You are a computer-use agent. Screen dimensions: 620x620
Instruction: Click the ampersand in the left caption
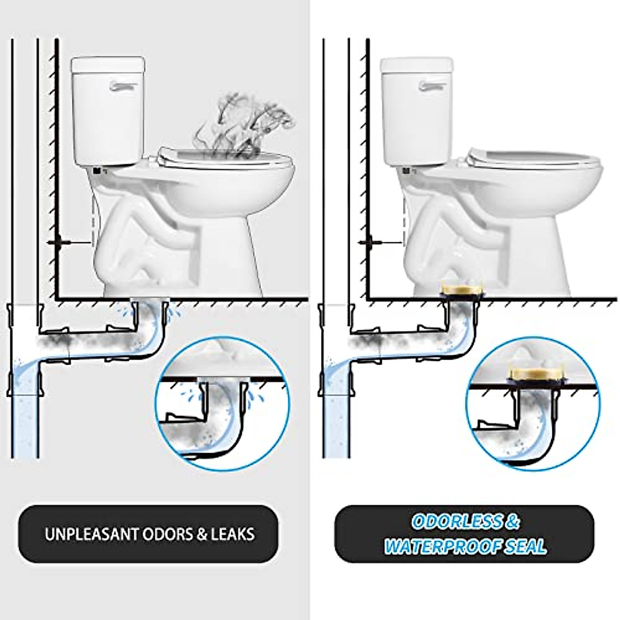(x=200, y=534)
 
